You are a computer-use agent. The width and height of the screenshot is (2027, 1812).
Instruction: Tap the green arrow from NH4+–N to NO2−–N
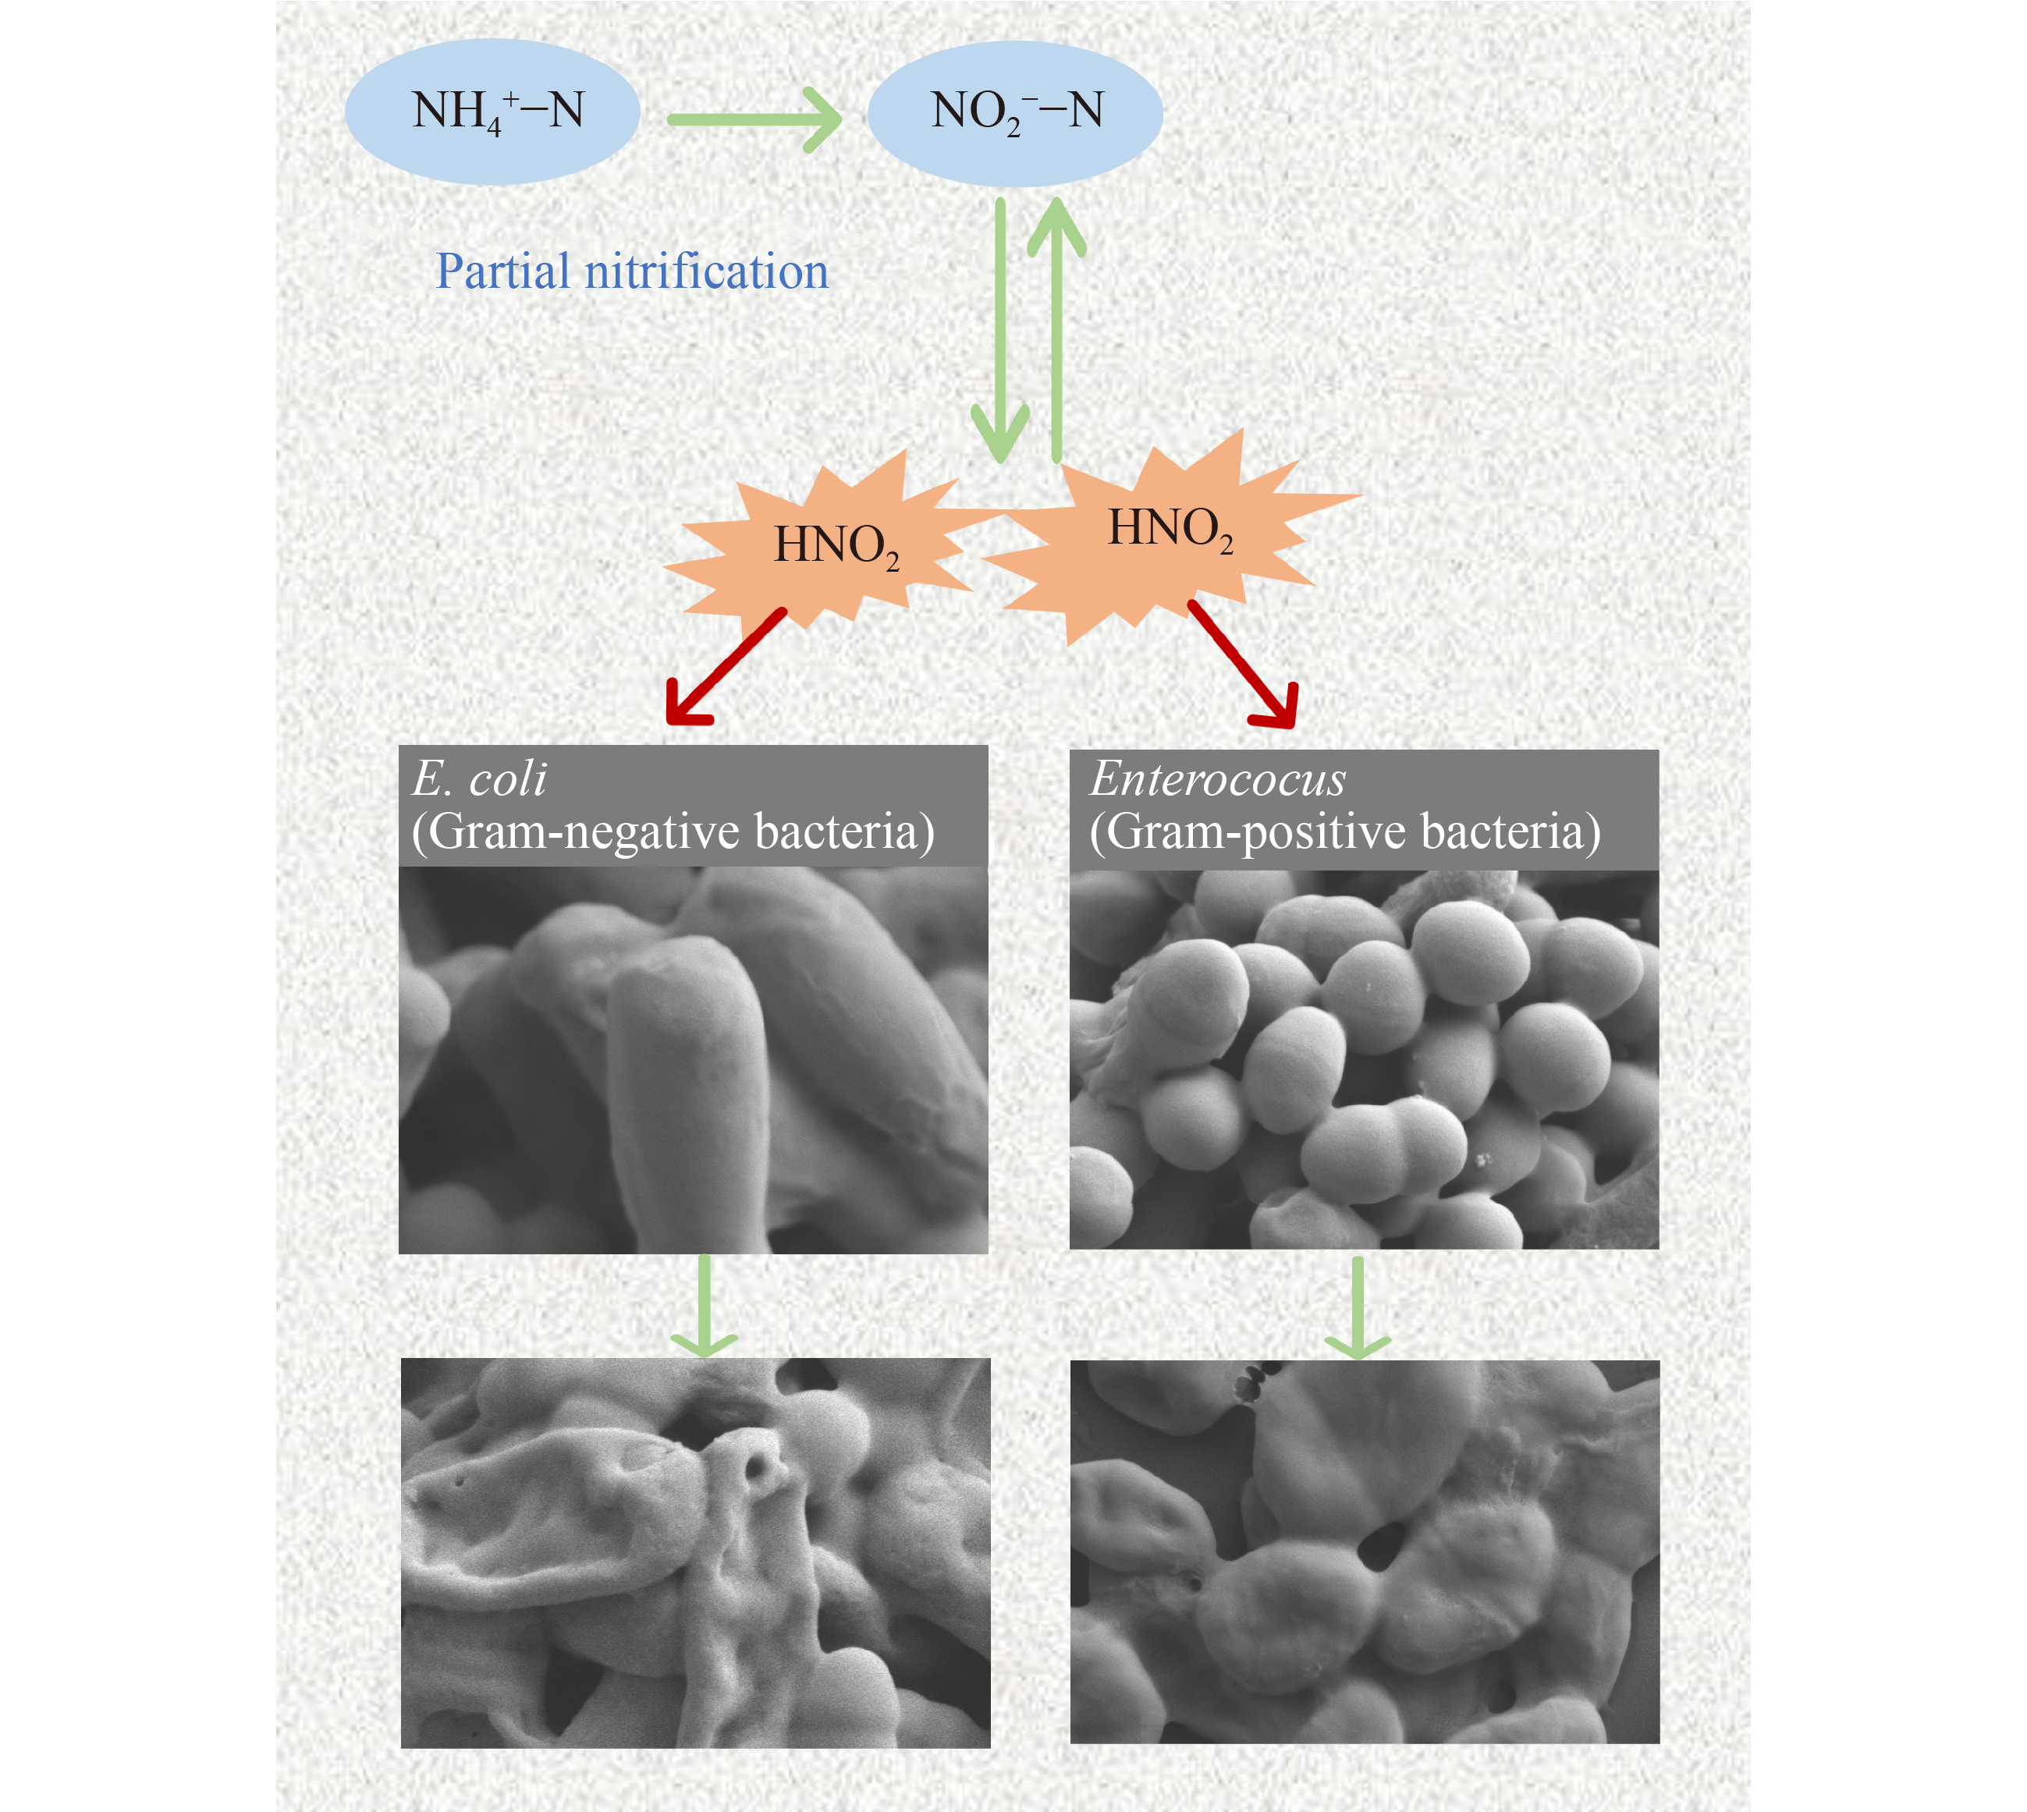[x=754, y=119]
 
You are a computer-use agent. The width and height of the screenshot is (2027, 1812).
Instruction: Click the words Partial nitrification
[x=632, y=271]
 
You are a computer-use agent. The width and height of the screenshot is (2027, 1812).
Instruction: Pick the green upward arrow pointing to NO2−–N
[x=1056, y=328]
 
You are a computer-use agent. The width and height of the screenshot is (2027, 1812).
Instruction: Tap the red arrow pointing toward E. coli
[x=725, y=666]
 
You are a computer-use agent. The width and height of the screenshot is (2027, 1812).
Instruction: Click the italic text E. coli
[x=479, y=778]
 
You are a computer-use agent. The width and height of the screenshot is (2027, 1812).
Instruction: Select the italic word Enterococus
[x=1216, y=778]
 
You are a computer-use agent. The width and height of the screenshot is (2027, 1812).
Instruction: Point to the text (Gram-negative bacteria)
[x=673, y=832]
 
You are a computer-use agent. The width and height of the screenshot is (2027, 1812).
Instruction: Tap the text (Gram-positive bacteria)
[x=1345, y=832]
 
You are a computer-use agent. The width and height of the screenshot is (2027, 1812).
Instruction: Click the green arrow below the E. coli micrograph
[x=704, y=1305]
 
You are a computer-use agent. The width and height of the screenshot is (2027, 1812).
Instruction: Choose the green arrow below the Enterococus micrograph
[x=1357, y=1307]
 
